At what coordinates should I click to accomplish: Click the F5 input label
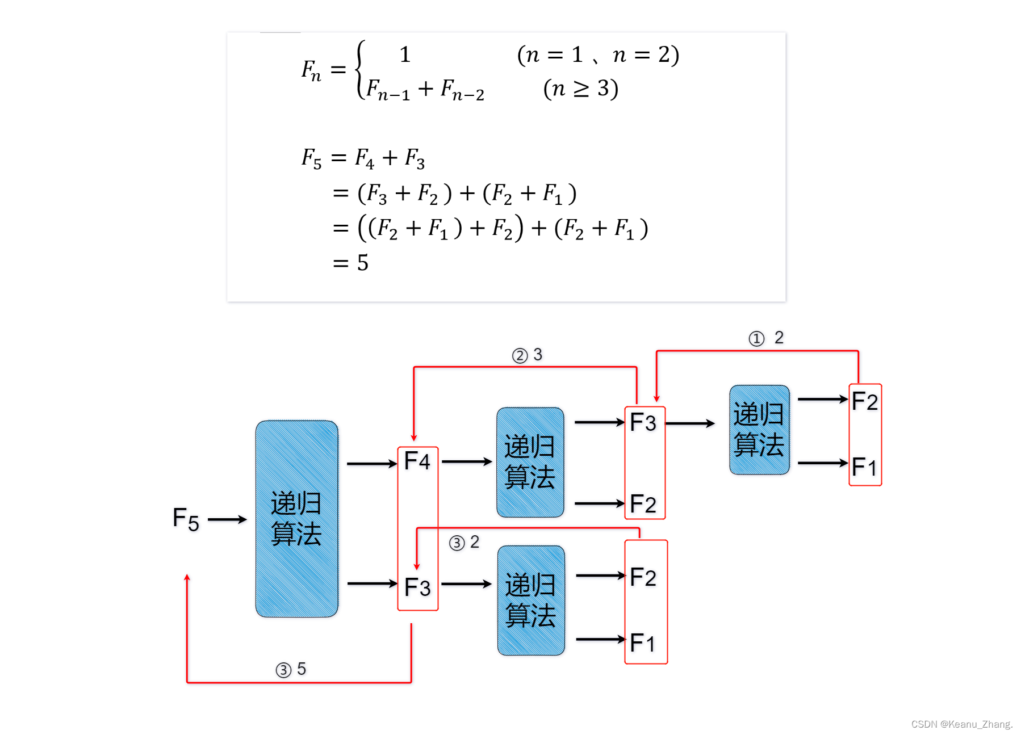(x=186, y=519)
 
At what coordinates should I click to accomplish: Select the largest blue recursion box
(x=296, y=519)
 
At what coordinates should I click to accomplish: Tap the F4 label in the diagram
(x=417, y=461)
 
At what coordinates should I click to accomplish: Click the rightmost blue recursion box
(x=759, y=430)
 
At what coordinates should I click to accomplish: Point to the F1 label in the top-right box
(x=865, y=467)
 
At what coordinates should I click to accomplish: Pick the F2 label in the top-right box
(x=865, y=402)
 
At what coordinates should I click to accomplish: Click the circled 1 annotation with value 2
(x=766, y=338)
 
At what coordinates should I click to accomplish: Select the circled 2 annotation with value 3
(x=528, y=355)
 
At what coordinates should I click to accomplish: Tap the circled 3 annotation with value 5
(x=291, y=670)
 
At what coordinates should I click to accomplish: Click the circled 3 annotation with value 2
(x=464, y=543)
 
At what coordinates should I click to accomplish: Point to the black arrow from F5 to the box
(x=227, y=519)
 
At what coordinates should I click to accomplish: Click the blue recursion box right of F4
(x=530, y=462)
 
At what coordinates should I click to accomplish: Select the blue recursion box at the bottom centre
(x=531, y=600)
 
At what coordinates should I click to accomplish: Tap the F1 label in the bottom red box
(x=643, y=643)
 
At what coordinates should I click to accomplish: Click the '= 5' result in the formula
(x=350, y=263)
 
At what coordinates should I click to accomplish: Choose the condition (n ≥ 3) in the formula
(x=580, y=89)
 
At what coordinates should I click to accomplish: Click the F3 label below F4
(x=417, y=587)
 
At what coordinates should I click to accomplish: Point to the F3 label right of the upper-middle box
(x=643, y=422)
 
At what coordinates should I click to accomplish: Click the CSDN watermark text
(x=961, y=724)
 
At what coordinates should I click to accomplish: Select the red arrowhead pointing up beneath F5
(x=187, y=578)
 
